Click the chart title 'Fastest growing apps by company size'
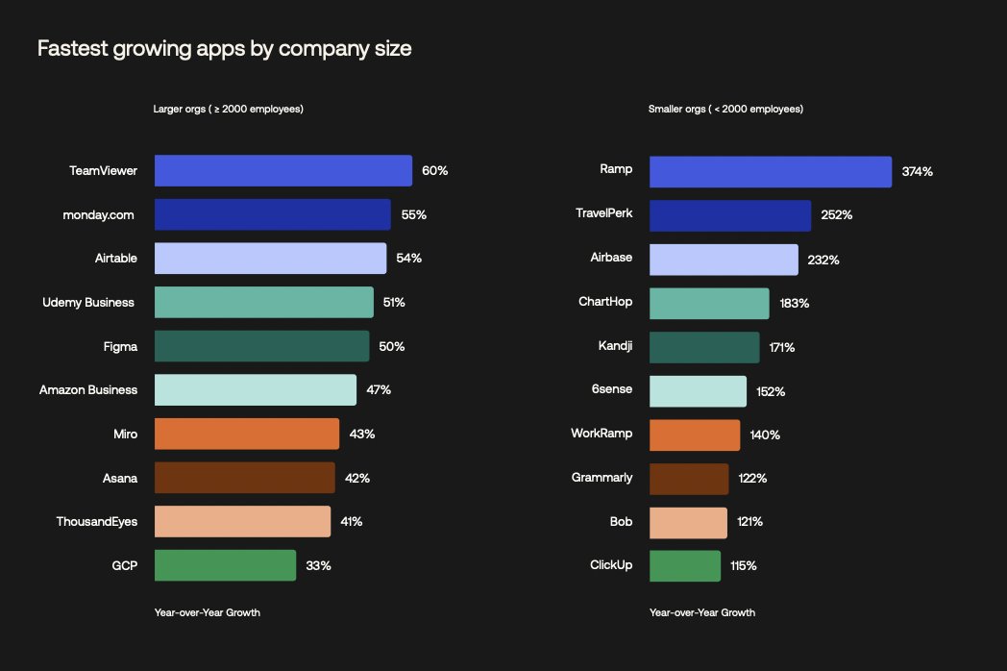(224, 48)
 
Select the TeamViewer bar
(282, 170)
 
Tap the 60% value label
(434, 170)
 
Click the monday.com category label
(98, 214)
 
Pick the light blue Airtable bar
(270, 258)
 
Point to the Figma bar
(261, 346)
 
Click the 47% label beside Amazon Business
(379, 389)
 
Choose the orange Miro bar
(246, 434)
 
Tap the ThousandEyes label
(96, 521)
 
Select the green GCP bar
(225, 565)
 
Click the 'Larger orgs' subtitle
(229, 109)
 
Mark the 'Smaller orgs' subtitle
(725, 109)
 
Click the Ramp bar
(770, 171)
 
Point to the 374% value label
(917, 171)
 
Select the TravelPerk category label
(603, 212)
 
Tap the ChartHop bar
(709, 303)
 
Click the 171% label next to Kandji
(781, 347)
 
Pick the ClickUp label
(611, 564)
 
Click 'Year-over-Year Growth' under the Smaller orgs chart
(701, 612)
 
